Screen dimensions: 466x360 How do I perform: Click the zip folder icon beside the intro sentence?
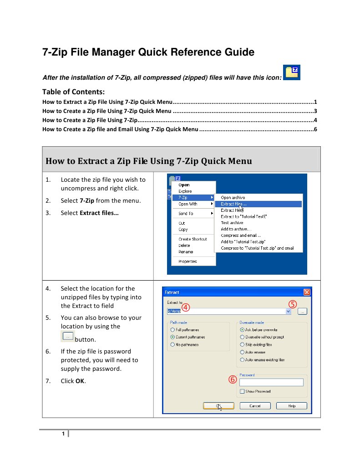click(291, 73)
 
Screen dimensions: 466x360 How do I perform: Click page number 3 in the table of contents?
click(315, 111)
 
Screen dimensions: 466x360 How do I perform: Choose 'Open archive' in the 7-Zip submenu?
click(233, 198)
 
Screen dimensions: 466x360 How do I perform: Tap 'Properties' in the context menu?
click(188, 261)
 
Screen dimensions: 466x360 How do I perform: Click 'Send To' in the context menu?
click(186, 214)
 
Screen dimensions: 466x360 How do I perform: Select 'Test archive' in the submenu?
click(232, 223)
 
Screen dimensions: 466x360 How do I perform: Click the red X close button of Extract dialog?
click(307, 292)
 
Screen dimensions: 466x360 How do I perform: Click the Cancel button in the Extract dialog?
click(255, 406)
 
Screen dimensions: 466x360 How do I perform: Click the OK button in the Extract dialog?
click(218, 406)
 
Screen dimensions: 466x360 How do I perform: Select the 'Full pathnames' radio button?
click(172, 330)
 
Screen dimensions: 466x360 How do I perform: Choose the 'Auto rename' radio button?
click(242, 352)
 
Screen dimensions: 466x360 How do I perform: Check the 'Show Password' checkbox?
click(242, 391)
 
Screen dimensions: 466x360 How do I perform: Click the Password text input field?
click(271, 383)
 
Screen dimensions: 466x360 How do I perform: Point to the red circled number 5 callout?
click(293, 304)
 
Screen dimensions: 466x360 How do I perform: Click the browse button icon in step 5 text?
click(67, 337)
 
